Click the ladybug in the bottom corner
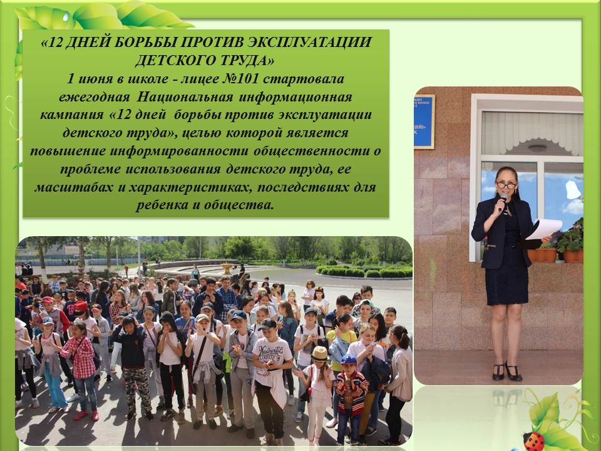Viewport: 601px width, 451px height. coord(533,441)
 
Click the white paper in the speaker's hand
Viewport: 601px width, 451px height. coord(544,229)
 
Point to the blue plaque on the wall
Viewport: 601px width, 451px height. coord(424,122)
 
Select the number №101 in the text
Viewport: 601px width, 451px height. coord(241,79)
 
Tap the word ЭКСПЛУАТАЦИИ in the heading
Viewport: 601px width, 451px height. coord(309,42)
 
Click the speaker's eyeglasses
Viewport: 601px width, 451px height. coord(506,185)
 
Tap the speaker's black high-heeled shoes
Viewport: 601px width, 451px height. coord(506,371)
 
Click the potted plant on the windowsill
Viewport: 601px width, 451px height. coord(571,241)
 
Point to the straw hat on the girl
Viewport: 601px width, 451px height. coord(320,353)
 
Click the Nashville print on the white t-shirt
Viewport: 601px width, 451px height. coord(270,351)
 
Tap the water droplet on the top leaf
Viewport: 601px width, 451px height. coord(66,17)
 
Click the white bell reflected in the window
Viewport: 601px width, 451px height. coord(573,190)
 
